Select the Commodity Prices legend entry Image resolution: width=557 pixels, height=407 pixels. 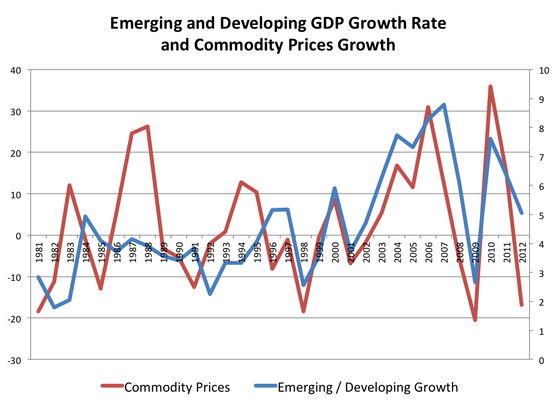(177, 387)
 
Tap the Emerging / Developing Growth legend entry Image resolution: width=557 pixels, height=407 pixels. (368, 387)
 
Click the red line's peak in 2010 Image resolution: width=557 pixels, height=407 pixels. (490, 87)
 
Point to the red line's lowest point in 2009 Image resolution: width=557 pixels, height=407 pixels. (475, 320)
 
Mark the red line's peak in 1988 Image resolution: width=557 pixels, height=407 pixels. (147, 127)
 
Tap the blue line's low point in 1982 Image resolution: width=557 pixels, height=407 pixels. (54, 307)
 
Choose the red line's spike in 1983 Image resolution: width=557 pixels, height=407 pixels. (70, 185)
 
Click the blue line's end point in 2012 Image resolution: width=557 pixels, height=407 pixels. (521, 213)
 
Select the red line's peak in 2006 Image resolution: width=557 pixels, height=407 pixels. (428, 107)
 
